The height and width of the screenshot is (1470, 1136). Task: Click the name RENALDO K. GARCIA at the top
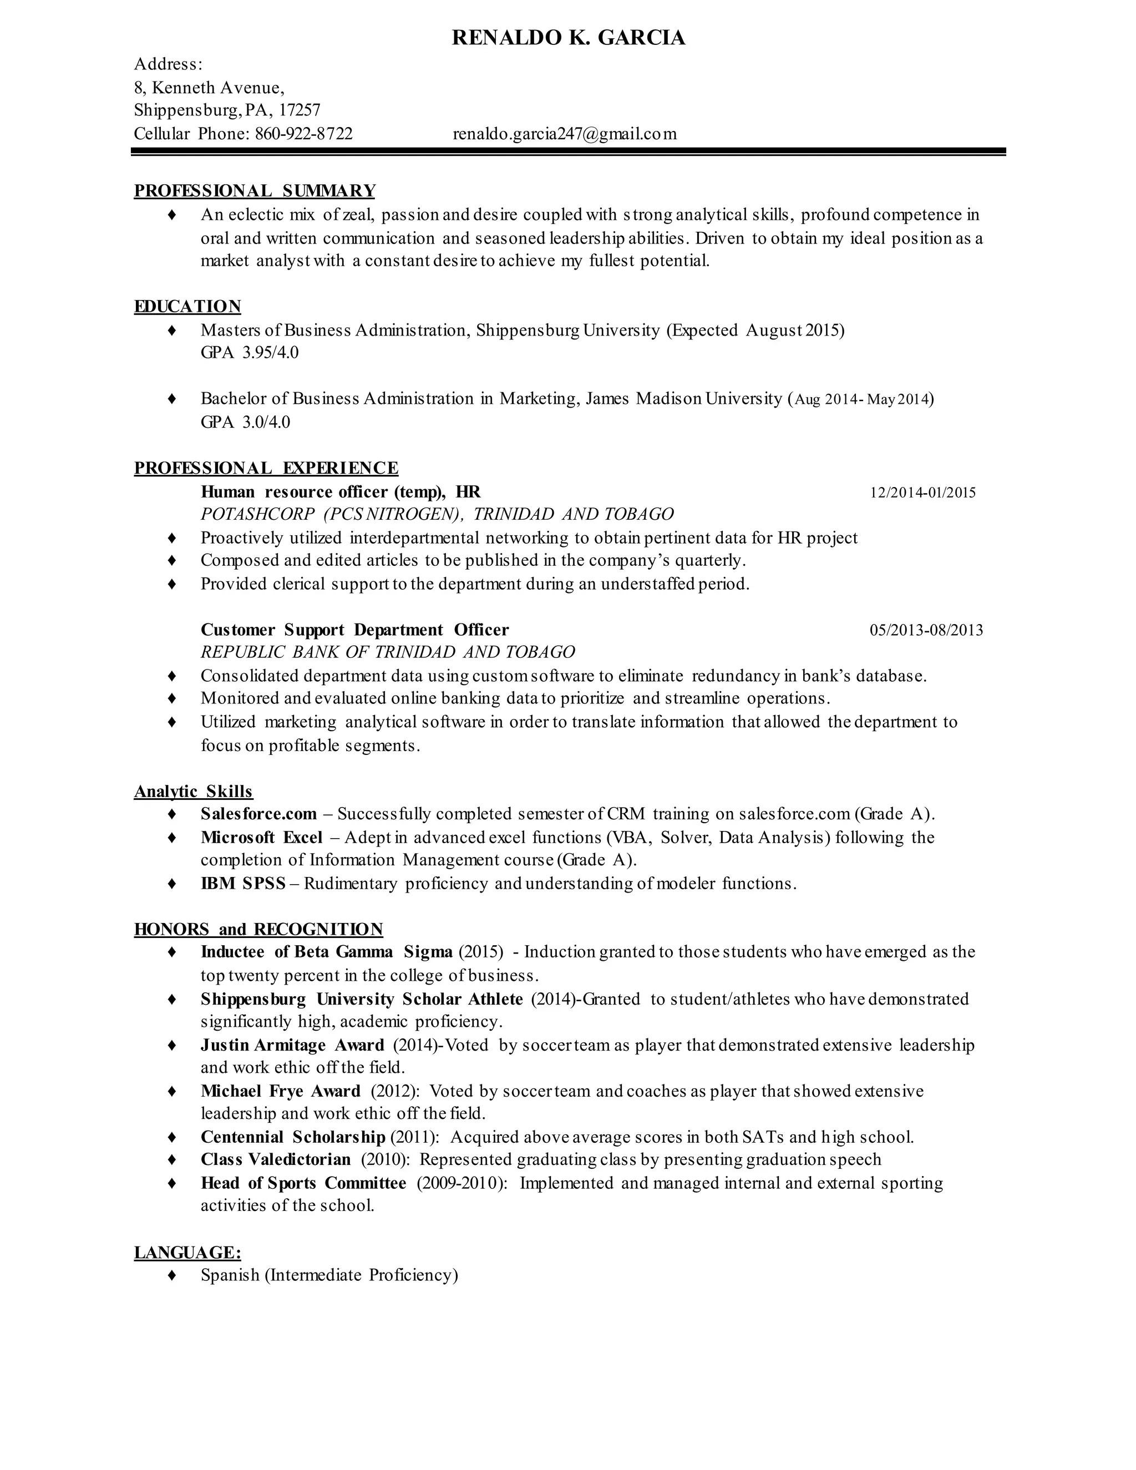pyautogui.click(x=568, y=38)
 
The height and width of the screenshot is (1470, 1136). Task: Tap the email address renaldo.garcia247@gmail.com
pyautogui.click(x=565, y=134)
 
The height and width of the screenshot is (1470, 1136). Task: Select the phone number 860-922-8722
pyautogui.click(x=303, y=134)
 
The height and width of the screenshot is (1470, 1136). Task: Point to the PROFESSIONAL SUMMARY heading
pyautogui.click(x=255, y=191)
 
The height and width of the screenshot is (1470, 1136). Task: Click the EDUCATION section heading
pyautogui.click(x=187, y=307)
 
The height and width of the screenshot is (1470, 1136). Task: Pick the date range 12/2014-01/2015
pyautogui.click(x=922, y=493)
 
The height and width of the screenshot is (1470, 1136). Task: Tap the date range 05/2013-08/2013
pyautogui.click(x=926, y=631)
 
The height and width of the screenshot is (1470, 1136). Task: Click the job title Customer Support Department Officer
pyautogui.click(x=354, y=630)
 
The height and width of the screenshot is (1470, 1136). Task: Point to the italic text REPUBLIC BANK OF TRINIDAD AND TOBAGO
pyautogui.click(x=388, y=652)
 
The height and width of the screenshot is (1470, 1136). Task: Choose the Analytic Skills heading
pyautogui.click(x=193, y=792)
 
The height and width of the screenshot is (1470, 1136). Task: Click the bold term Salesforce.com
pyautogui.click(x=258, y=814)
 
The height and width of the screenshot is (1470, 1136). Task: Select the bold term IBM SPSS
pyautogui.click(x=243, y=884)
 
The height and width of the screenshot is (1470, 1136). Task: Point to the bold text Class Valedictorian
pyautogui.click(x=275, y=1160)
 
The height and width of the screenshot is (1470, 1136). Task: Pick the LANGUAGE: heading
pyautogui.click(x=187, y=1253)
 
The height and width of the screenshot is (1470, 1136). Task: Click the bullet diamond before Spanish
pyautogui.click(x=171, y=1275)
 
